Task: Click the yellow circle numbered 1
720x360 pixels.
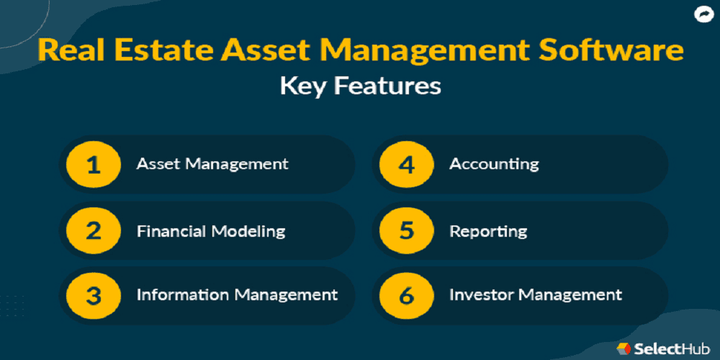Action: pyautogui.click(x=94, y=164)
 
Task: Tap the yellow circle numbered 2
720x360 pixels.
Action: pyautogui.click(x=94, y=230)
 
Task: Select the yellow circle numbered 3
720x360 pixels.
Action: pyautogui.click(x=94, y=296)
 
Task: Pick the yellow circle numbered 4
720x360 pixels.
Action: pyautogui.click(x=407, y=164)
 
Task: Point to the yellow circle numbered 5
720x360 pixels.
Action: pyautogui.click(x=407, y=230)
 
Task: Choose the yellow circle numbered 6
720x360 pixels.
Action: pyautogui.click(x=407, y=296)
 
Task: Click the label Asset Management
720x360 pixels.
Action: pyautogui.click(x=212, y=164)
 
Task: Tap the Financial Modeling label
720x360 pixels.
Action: pyautogui.click(x=211, y=231)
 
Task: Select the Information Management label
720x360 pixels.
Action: pyautogui.click(x=237, y=294)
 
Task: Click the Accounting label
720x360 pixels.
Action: pyautogui.click(x=494, y=164)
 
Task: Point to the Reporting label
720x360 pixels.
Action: pyautogui.click(x=488, y=231)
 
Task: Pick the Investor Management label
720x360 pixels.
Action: pyautogui.click(x=536, y=294)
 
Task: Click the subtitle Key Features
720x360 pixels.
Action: pyautogui.click(x=361, y=87)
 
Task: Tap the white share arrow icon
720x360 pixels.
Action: pyautogui.click(x=702, y=15)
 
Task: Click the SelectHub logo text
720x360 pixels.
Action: pyautogui.click(x=672, y=348)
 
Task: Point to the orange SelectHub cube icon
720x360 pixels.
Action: pyautogui.click(x=623, y=348)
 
